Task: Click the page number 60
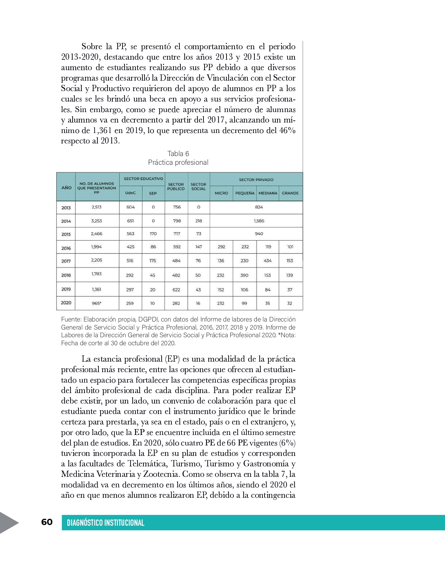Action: click(x=47, y=522)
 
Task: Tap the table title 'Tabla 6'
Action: click(x=178, y=154)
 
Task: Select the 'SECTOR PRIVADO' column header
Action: click(x=256, y=180)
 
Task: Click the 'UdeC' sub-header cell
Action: click(x=131, y=193)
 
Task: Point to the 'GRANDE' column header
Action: click(x=290, y=193)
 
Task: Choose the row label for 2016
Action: click(x=66, y=248)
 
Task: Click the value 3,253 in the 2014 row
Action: click(x=97, y=221)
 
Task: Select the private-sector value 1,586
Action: click(x=259, y=221)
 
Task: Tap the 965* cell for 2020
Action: click(x=97, y=303)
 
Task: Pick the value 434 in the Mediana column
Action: click(x=268, y=261)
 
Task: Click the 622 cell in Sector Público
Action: click(x=176, y=290)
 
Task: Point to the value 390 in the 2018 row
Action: click(x=244, y=275)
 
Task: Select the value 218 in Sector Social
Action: click(x=199, y=221)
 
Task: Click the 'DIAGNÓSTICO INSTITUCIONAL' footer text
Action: click(x=105, y=523)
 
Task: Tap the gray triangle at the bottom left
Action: click(x=8, y=523)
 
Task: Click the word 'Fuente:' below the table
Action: click(x=71, y=319)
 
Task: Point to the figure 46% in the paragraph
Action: click(x=287, y=131)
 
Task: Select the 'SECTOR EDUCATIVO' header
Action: click(x=143, y=179)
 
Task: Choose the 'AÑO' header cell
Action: click(x=66, y=187)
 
